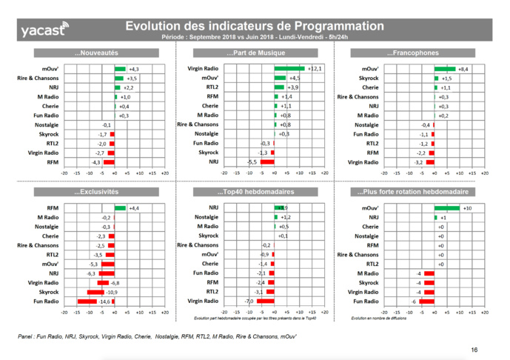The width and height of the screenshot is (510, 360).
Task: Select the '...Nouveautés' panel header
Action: pyautogui.click(x=96, y=53)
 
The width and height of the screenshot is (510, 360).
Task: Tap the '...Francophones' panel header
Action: pyautogui.click(x=412, y=53)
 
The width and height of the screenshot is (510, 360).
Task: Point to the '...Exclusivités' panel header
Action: pyautogui.click(x=96, y=192)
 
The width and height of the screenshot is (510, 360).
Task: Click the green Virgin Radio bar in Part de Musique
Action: pyautogui.click(x=289, y=68)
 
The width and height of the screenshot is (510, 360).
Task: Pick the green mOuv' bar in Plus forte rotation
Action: pyautogui.click(x=446, y=208)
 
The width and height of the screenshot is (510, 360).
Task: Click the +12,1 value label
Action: pyautogui.click(x=315, y=68)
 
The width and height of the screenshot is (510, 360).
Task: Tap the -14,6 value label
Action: pyautogui.click(x=101, y=301)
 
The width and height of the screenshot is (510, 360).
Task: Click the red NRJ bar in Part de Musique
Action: pyautogui.click(x=267, y=161)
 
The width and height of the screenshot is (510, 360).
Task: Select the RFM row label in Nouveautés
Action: pyautogui.click(x=53, y=161)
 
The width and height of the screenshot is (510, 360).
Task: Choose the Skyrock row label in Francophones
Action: pyautogui.click(x=369, y=78)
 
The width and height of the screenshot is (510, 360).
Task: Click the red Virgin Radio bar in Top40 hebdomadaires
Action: pyautogui.click(x=265, y=301)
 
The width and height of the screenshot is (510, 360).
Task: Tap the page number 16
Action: pyautogui.click(x=474, y=350)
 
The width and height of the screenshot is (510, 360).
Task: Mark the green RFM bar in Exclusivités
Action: pyautogui.click(x=120, y=208)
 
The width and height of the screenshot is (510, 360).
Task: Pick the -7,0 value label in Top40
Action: pyautogui.click(x=249, y=301)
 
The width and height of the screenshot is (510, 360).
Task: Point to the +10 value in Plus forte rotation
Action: pyautogui.click(x=468, y=208)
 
